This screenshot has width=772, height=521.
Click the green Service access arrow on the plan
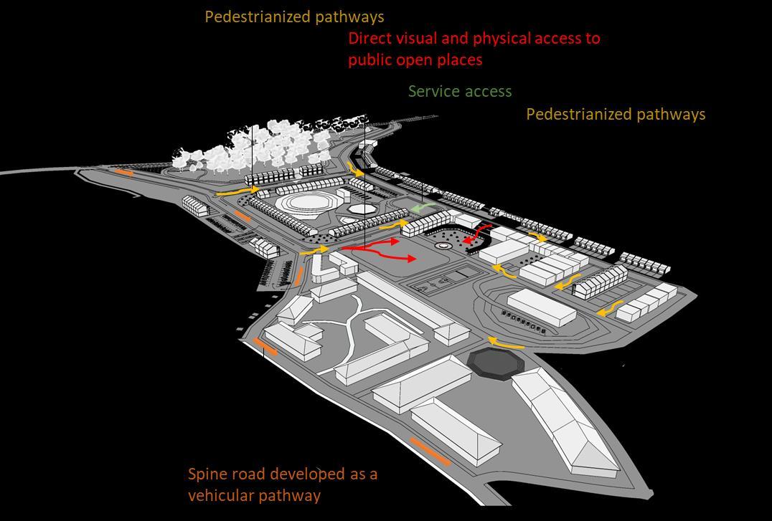(x=423, y=208)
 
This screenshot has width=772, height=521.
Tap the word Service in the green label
(x=432, y=92)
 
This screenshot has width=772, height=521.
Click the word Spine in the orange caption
(x=207, y=474)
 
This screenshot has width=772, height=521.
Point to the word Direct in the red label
(x=370, y=38)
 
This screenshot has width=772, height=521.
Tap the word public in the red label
(x=370, y=60)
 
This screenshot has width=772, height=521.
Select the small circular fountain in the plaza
(x=444, y=245)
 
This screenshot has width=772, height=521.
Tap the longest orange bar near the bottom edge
(x=430, y=451)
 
